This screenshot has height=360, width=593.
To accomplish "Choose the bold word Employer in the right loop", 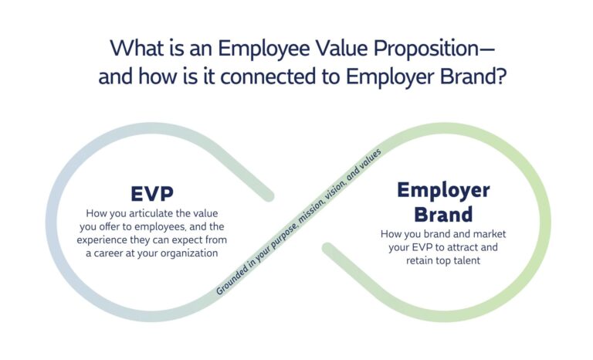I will (443, 190).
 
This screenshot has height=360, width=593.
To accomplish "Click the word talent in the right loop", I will (464, 260).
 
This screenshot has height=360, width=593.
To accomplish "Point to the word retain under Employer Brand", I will (422, 260).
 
